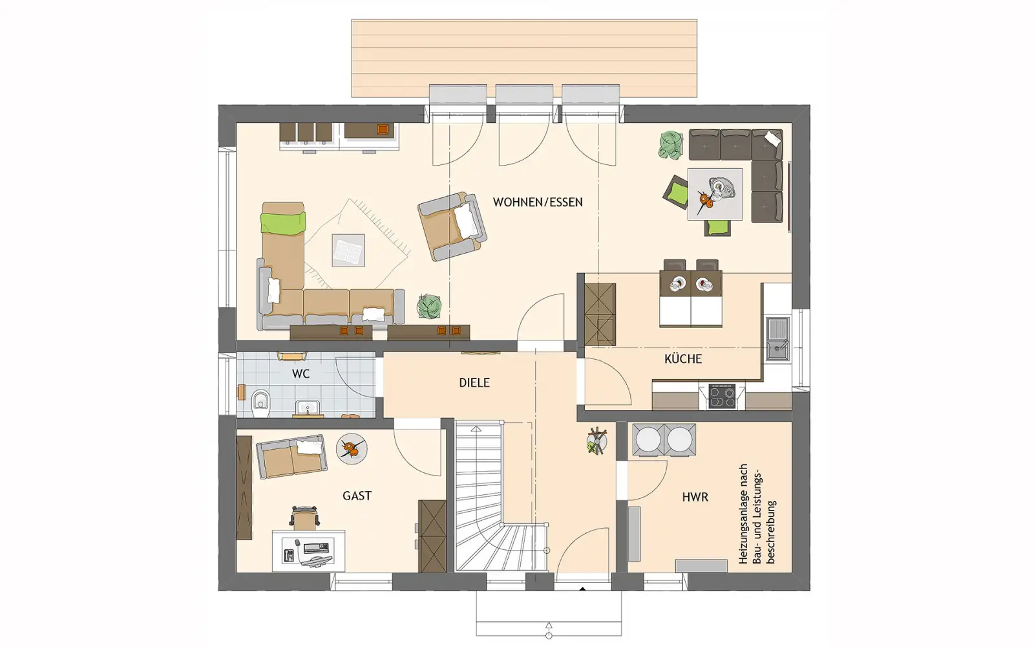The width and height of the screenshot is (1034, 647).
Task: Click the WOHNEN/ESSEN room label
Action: pyautogui.click(x=537, y=203)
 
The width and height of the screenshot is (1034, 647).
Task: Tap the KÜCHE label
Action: pyautogui.click(x=683, y=358)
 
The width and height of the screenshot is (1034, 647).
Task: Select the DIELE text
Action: pyautogui.click(x=474, y=382)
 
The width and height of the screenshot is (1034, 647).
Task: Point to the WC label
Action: pyautogui.click(x=301, y=374)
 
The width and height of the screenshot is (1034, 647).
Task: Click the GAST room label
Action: pyautogui.click(x=357, y=496)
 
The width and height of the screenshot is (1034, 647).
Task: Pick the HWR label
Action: pyautogui.click(x=695, y=498)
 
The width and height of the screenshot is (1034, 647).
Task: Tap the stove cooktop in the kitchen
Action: pyautogui.click(x=722, y=397)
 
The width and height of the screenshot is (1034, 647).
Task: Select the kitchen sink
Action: pyautogui.click(x=778, y=339)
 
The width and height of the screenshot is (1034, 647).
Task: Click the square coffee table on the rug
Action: pyautogui.click(x=348, y=250)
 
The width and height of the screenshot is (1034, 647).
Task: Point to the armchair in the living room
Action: pyautogui.click(x=452, y=226)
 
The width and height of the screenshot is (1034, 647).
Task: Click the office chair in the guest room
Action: pyautogui.click(x=304, y=518)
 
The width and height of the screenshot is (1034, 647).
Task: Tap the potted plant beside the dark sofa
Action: pyautogui.click(x=671, y=146)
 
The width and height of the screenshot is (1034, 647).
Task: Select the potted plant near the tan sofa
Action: pyautogui.click(x=429, y=307)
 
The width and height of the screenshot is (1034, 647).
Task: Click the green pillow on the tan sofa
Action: pyautogui.click(x=283, y=223)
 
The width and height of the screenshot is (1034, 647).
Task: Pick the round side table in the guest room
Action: pyautogui.click(x=352, y=449)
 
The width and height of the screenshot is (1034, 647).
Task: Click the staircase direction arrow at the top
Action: pyautogui.click(x=476, y=429)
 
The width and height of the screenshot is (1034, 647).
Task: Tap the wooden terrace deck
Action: pyautogui.click(x=524, y=58)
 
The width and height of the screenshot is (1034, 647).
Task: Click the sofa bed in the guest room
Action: pyautogui.click(x=291, y=456)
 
